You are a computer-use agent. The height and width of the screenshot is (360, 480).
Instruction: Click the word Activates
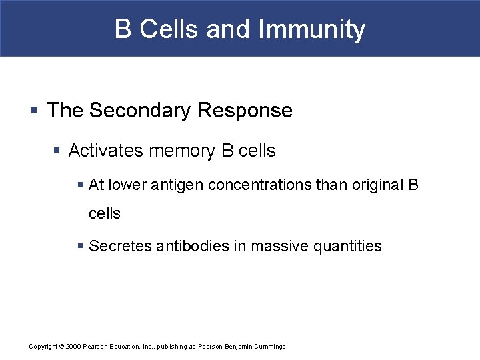pos(106,151)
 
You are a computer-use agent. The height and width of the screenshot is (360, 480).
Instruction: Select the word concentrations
pos(260,185)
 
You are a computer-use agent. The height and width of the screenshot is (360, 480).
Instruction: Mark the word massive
pos(279,247)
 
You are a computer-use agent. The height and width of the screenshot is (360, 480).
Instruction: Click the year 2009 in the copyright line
pos(72,347)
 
